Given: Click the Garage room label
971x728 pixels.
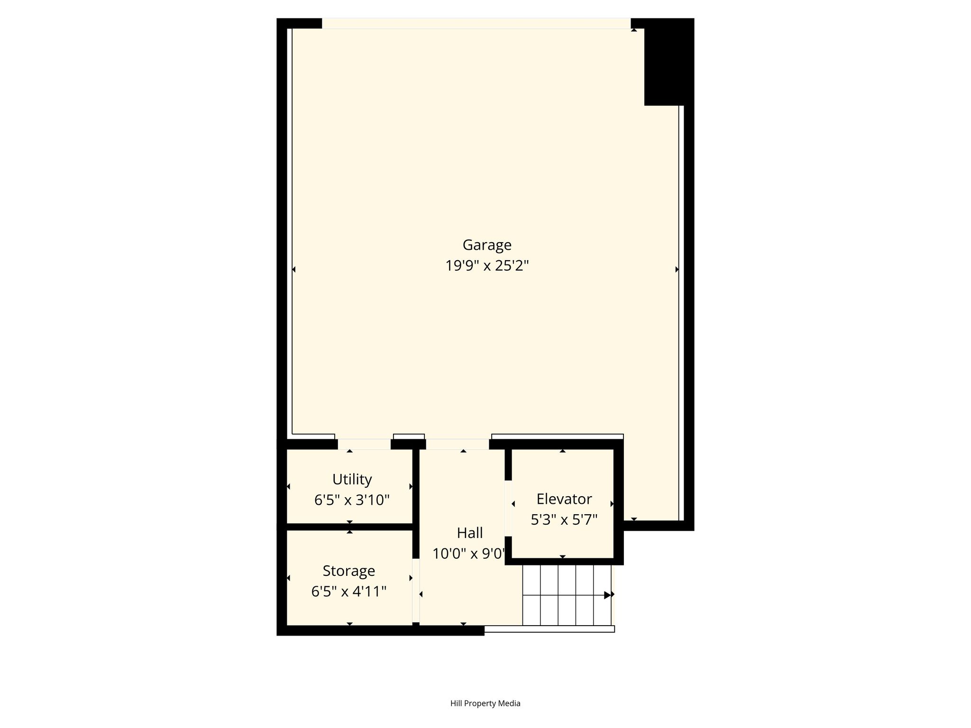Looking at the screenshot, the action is point(487,245).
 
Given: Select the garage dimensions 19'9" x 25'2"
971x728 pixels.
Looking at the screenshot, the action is point(487,266).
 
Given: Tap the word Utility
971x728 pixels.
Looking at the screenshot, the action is point(352,480).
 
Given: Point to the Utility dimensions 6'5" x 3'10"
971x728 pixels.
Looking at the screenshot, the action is point(352,500).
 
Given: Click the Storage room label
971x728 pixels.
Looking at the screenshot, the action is point(349,571).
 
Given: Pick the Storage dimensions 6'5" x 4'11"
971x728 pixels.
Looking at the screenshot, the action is point(349,591).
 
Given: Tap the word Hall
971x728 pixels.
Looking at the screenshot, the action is point(470,533).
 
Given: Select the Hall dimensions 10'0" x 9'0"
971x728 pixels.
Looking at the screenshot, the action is point(469,554).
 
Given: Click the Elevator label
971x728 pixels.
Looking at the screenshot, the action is point(564,499).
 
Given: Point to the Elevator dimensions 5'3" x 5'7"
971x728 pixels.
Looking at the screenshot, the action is point(564,520).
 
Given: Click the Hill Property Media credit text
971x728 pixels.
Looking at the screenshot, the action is point(485,703).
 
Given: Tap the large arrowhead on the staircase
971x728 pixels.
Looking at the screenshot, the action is point(608,595).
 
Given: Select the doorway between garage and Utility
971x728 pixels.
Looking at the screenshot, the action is point(364,444).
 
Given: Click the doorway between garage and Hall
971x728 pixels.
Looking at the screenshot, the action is point(458,444).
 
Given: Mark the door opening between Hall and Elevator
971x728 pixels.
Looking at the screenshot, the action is point(508,508).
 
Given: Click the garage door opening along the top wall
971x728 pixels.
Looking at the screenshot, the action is point(476,23).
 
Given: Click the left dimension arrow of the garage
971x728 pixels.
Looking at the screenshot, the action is point(293,270).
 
